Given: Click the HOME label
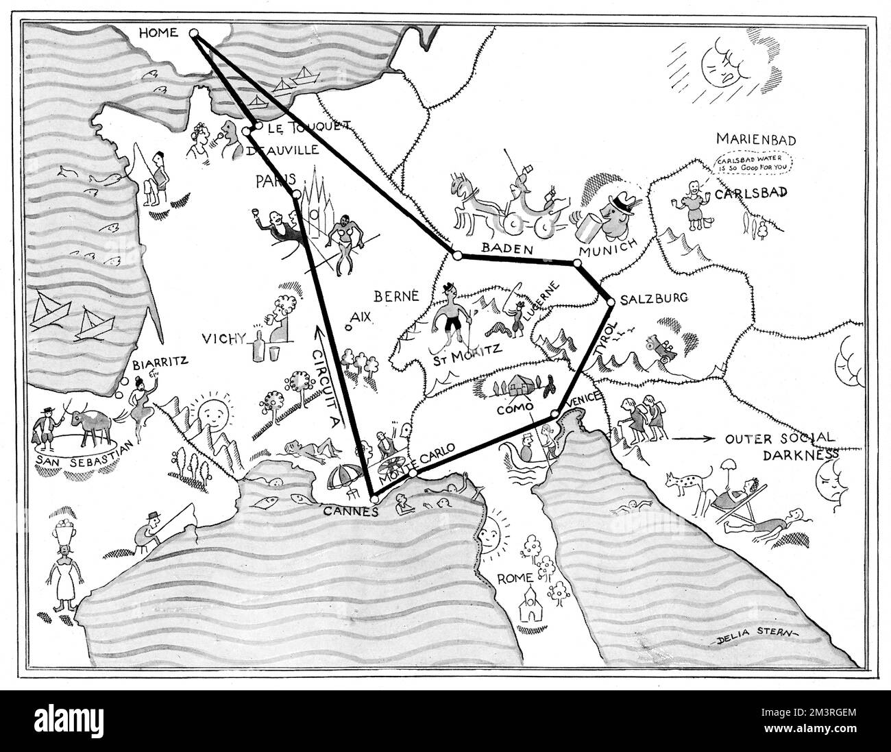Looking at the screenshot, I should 158,32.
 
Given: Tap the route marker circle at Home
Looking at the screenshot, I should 193,32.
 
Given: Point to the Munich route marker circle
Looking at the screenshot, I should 578,263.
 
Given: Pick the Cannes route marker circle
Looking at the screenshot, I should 374,500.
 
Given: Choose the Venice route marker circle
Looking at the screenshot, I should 554,414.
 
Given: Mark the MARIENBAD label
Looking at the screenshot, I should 755,140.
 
